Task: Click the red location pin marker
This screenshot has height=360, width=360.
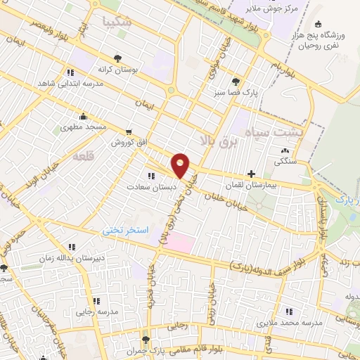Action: click(x=181, y=165)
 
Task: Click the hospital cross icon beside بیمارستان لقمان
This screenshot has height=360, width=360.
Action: click(x=252, y=173)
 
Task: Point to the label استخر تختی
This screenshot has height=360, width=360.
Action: click(x=122, y=230)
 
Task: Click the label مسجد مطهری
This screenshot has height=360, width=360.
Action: click(x=82, y=127)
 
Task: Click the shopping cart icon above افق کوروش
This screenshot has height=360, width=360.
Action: click(x=128, y=131)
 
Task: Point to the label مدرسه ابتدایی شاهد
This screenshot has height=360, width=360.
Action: click(x=70, y=83)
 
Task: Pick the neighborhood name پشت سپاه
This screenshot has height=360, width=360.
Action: click(x=274, y=131)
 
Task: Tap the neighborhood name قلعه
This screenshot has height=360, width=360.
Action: click(x=84, y=156)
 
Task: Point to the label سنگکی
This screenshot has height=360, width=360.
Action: click(x=284, y=160)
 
